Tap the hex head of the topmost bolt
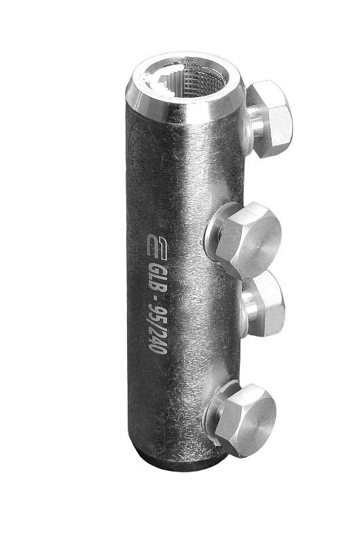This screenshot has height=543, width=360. (272, 118)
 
